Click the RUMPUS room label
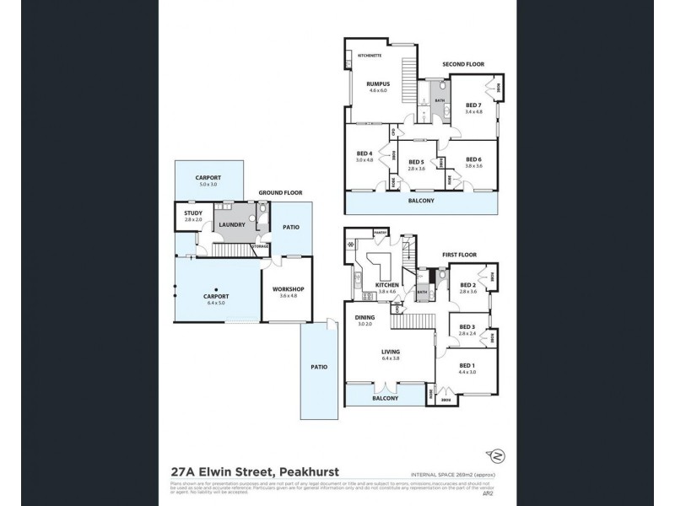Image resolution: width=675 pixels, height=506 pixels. [x=375, y=84]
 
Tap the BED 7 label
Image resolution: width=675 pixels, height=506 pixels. [x=473, y=104]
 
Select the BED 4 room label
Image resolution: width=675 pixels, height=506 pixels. [x=364, y=153]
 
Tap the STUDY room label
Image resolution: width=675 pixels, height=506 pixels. [x=192, y=213]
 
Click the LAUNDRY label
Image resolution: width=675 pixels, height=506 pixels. [x=231, y=224]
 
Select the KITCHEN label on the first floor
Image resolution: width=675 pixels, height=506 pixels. [x=386, y=285]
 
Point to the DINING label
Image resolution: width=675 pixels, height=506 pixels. [x=364, y=317]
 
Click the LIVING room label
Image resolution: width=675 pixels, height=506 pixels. [x=390, y=352]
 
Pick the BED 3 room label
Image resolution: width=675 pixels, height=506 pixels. [x=468, y=327]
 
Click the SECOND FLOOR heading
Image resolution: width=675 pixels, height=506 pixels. [x=463, y=64]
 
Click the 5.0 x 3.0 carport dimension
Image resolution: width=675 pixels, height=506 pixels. [x=208, y=184]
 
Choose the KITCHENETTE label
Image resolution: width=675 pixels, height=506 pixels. [x=371, y=55]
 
